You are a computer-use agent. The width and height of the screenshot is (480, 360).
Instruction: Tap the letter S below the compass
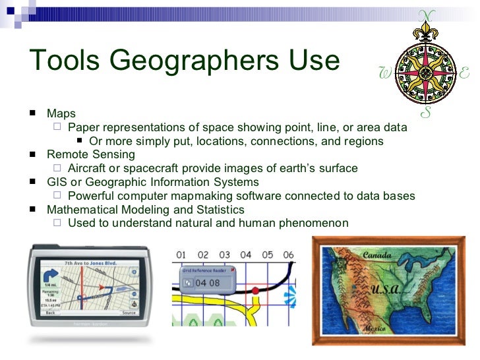click(x=427, y=111)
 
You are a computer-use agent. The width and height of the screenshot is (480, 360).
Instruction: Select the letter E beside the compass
click(x=464, y=74)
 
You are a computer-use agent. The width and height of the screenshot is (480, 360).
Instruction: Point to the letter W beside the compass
click(x=386, y=74)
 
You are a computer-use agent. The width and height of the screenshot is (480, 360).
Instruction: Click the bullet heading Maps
click(x=61, y=114)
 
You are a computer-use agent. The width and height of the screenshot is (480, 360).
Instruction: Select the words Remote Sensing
click(x=91, y=154)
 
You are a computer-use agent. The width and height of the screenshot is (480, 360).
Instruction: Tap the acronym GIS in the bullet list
click(x=55, y=182)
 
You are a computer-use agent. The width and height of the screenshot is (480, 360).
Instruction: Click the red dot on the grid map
click(x=255, y=291)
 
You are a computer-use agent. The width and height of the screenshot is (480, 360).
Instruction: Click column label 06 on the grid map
click(x=288, y=255)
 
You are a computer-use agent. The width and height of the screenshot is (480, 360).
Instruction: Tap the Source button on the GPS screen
click(x=129, y=313)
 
